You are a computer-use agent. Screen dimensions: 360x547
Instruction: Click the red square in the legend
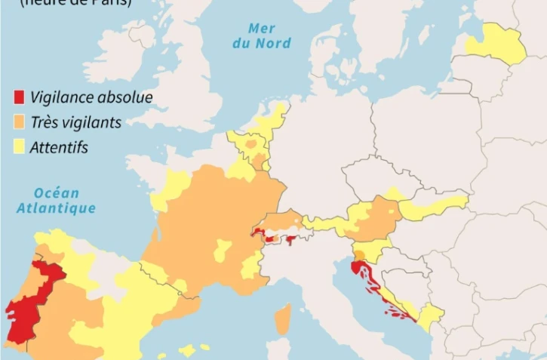[19, 97]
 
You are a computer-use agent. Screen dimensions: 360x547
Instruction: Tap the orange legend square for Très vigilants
[19, 122]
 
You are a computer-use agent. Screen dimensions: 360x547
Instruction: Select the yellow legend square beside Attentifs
[19, 147]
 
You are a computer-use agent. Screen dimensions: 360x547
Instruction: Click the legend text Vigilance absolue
[91, 97]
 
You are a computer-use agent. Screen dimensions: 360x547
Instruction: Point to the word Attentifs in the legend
[59, 147]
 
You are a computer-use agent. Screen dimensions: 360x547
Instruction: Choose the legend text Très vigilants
[76, 122]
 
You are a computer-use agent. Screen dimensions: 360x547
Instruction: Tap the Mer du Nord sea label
[261, 35]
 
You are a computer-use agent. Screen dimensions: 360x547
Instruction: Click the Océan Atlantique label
[57, 201]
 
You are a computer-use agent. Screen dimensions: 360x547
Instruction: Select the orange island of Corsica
[282, 319]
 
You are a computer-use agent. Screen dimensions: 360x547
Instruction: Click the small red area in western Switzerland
[260, 233]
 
